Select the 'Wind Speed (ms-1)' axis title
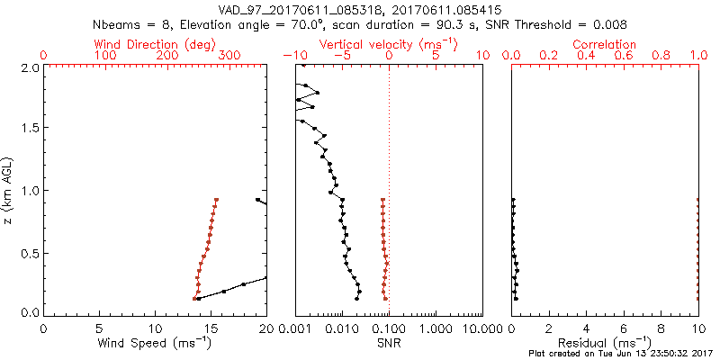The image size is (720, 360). (155, 343)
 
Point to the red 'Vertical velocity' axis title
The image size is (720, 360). (388, 44)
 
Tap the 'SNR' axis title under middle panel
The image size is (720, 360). (388, 343)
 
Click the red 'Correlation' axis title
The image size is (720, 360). (605, 44)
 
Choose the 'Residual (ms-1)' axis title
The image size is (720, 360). (604, 343)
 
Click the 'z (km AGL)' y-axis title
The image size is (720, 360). (10, 188)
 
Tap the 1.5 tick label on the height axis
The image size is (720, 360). (31, 128)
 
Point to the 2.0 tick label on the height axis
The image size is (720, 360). (31, 67)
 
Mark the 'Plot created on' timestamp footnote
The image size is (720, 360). (620, 354)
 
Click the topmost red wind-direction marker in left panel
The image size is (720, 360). (216, 200)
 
